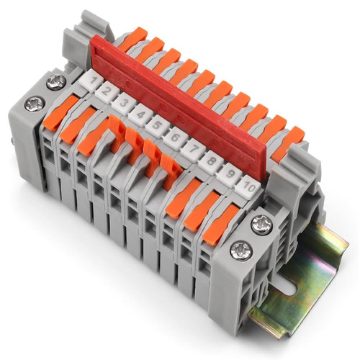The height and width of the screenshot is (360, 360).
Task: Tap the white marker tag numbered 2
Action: point(107,91)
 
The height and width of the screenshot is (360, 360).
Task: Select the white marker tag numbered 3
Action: point(123,104)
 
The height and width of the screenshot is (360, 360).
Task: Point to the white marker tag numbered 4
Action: point(140,114)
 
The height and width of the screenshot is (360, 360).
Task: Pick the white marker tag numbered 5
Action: point(157,126)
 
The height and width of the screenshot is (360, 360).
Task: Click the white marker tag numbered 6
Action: point(175,138)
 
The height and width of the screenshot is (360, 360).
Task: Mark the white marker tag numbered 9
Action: point(229,174)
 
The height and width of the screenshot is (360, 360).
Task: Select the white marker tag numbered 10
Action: point(247,187)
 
